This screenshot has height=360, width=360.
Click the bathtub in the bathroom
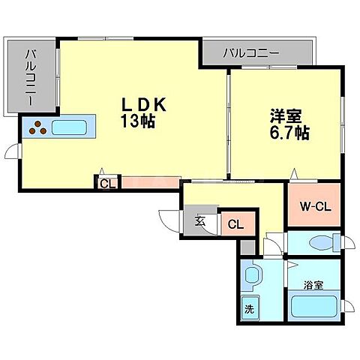pos(313,307)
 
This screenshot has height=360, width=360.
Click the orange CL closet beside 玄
pos(235,223)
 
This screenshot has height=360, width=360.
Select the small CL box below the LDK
pos(106,182)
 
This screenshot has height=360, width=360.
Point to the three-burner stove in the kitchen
pos(37,130)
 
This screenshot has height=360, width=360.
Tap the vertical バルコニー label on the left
pos(32,77)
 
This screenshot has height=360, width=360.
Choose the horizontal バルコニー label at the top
pos(251,53)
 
